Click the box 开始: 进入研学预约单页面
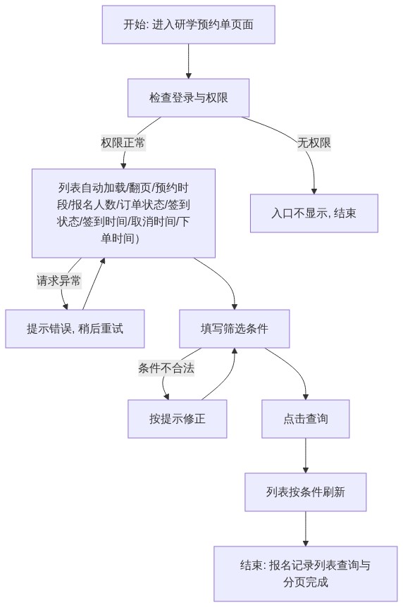click(x=188, y=25)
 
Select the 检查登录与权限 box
click(x=188, y=98)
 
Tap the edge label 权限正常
click(x=123, y=142)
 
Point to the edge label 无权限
click(x=314, y=142)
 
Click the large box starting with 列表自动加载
click(x=123, y=213)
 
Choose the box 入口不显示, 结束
click(x=314, y=213)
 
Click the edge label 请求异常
click(x=59, y=280)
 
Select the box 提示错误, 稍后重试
click(x=75, y=329)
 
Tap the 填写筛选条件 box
click(x=235, y=329)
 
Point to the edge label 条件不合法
click(x=166, y=368)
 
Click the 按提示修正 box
click(x=178, y=419)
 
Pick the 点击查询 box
click(x=306, y=419)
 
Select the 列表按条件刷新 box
click(x=306, y=492)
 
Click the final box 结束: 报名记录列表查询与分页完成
click(x=306, y=574)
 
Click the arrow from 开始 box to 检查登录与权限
click(x=188, y=61)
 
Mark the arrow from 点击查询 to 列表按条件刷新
click(x=306, y=456)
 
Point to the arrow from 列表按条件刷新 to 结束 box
click(x=306, y=529)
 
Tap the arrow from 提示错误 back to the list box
click(x=93, y=284)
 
